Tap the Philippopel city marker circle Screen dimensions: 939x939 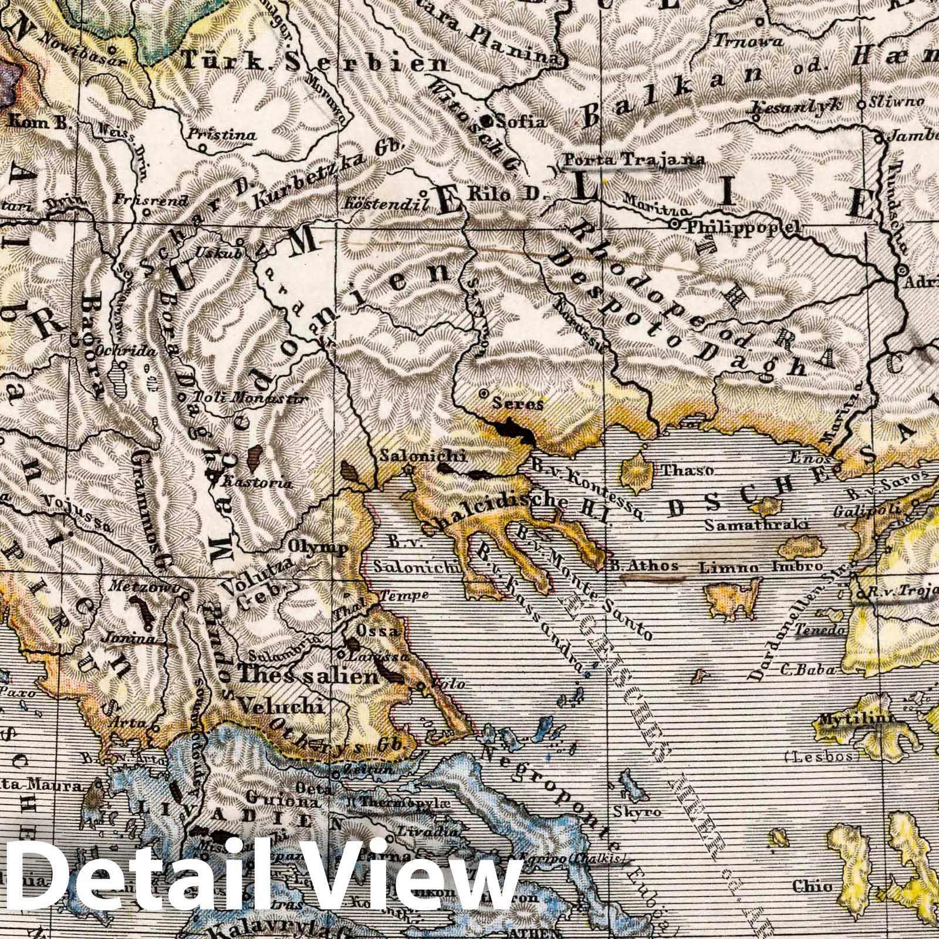pos(675,224)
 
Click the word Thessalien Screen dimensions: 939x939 pos(308,676)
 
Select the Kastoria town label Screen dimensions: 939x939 pos(255,484)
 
